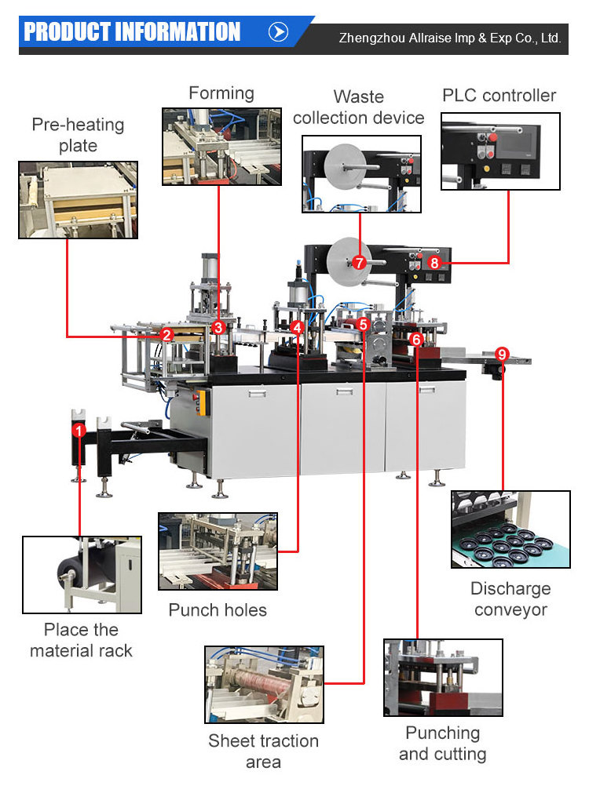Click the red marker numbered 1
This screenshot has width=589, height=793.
pos(79,430)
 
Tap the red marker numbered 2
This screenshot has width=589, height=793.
pos(166,335)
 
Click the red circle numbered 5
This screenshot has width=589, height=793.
pos(362,323)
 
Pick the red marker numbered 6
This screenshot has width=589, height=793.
pos(416,339)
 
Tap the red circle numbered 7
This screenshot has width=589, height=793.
pos(359,263)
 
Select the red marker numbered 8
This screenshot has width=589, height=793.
pos(435,263)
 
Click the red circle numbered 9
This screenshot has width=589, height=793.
pos(503,354)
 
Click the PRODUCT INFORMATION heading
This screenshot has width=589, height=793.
pos(131,32)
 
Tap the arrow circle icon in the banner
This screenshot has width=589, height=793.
pos(279,32)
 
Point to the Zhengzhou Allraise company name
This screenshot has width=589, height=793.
pos(449,38)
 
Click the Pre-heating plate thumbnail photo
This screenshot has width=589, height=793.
pos(78,200)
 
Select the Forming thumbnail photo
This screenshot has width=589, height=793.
pos(221,147)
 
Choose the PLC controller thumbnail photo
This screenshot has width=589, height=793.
pos(500,151)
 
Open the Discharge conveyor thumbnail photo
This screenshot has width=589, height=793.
pos(510,529)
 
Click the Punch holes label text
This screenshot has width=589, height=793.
pos(218,610)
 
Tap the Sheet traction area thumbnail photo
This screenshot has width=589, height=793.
pos(263,685)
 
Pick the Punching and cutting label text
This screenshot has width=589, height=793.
pos(442,744)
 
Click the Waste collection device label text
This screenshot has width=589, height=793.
pos(358,107)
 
